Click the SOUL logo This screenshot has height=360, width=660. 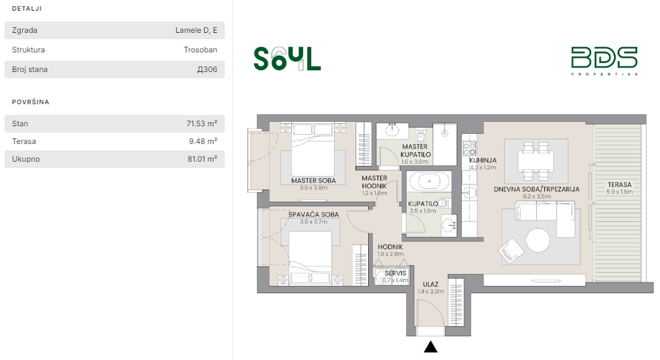[x=287, y=59]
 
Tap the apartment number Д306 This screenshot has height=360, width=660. [x=207, y=69]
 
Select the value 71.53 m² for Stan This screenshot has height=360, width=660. [x=201, y=123]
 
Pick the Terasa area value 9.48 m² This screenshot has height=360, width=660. [x=203, y=141]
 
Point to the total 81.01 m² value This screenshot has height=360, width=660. [x=202, y=159]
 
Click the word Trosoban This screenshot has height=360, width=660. [x=200, y=50]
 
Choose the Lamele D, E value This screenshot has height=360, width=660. [x=196, y=30]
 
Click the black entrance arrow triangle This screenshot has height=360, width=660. [x=430, y=347]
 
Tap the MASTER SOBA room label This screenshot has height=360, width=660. [x=314, y=181]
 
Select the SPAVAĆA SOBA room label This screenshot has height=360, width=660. [x=314, y=214]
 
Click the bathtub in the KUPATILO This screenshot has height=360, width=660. [x=429, y=182]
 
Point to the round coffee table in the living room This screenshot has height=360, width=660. [x=537, y=240]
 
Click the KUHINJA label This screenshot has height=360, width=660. [x=483, y=160]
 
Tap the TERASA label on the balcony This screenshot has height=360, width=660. [x=620, y=184]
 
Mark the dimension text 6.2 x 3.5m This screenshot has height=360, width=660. [x=537, y=196]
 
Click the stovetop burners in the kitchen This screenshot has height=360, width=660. [x=469, y=148]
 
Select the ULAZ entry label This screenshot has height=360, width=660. [x=431, y=284]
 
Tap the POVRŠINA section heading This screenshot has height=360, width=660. [x=31, y=102]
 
